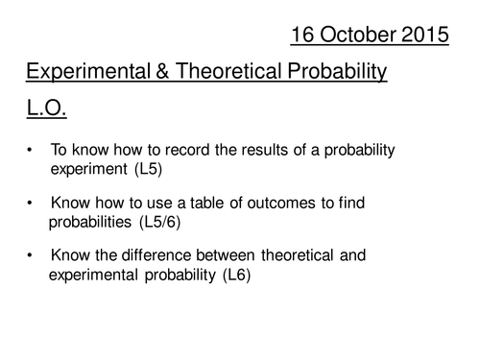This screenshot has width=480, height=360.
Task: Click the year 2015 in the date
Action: tap(424, 35)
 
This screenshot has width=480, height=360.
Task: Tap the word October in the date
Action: tap(357, 35)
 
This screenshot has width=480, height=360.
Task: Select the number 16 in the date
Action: tap(302, 35)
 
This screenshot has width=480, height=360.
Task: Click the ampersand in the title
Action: tap(162, 71)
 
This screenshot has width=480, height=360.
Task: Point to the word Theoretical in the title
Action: tap(228, 71)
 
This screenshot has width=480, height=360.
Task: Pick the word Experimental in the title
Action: tap(88, 72)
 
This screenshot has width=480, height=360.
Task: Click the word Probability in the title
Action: tap(337, 72)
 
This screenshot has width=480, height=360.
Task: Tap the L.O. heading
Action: tap(46, 108)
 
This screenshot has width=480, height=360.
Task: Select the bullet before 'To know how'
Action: tap(30, 150)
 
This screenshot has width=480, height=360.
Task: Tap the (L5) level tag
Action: tap(149, 169)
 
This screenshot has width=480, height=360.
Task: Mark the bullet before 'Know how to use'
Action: tap(30, 203)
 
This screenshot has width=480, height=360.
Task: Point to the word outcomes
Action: tap(281, 203)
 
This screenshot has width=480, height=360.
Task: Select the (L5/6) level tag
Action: tap(160, 222)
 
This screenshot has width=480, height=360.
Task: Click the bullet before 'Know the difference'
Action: tap(30, 255)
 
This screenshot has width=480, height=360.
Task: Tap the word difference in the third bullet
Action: tap(156, 255)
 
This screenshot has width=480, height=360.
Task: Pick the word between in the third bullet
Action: tap(226, 255)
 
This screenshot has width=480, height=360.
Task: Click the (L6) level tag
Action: tap(236, 275)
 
